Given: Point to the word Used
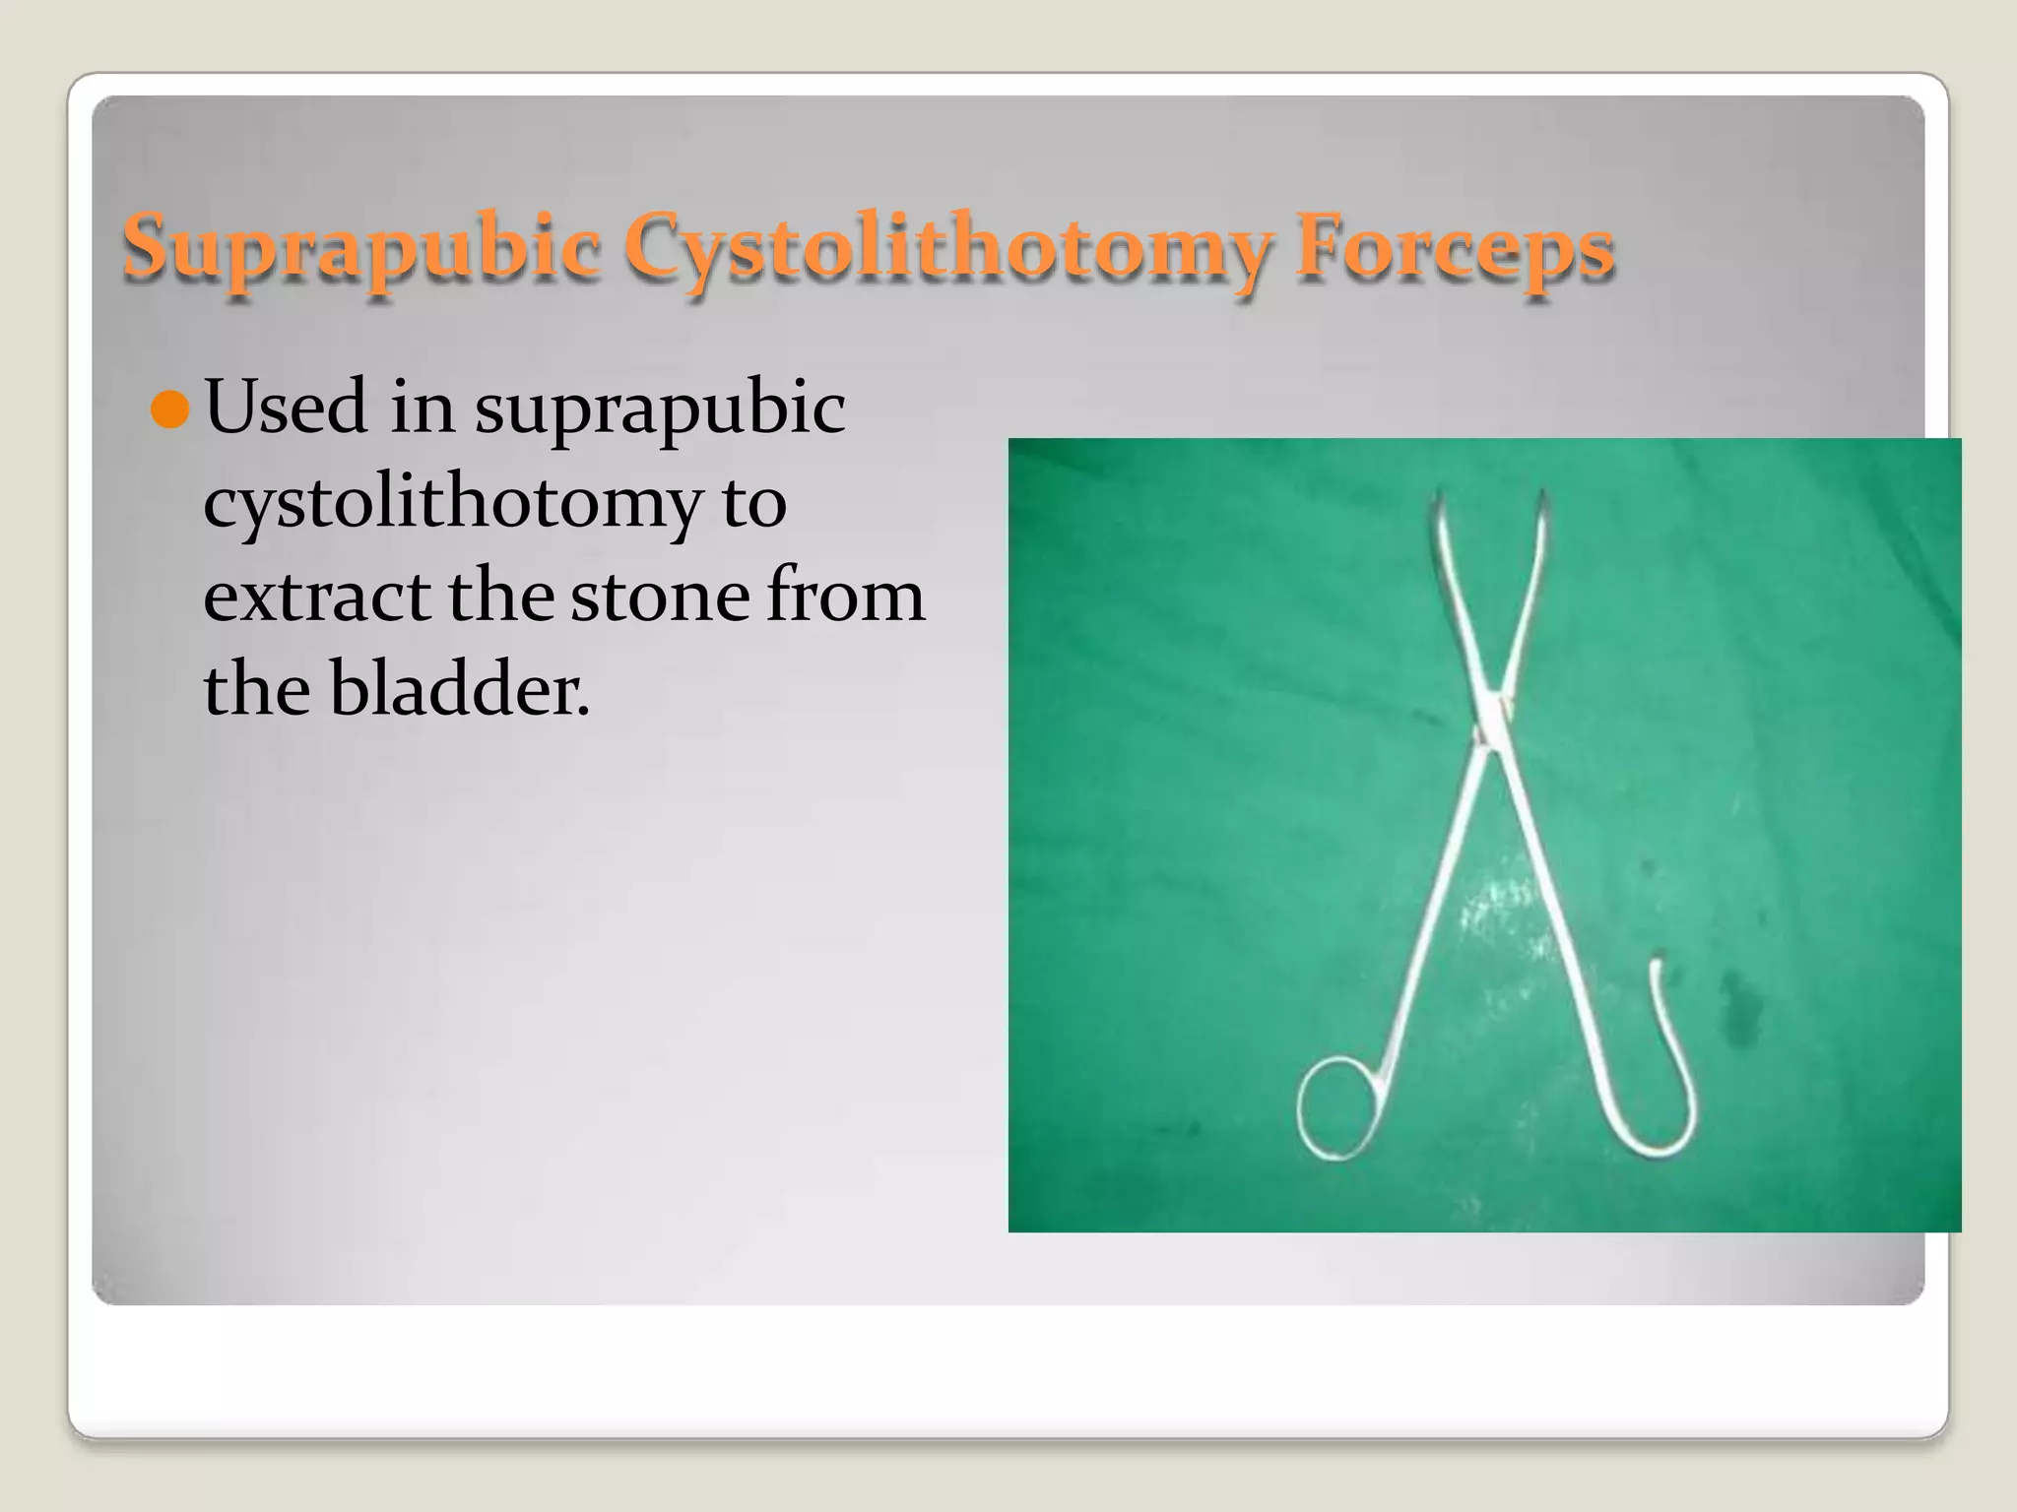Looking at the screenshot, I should (x=286, y=408).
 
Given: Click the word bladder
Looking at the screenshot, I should (x=458, y=688).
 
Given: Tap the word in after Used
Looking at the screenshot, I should (x=422, y=408).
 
